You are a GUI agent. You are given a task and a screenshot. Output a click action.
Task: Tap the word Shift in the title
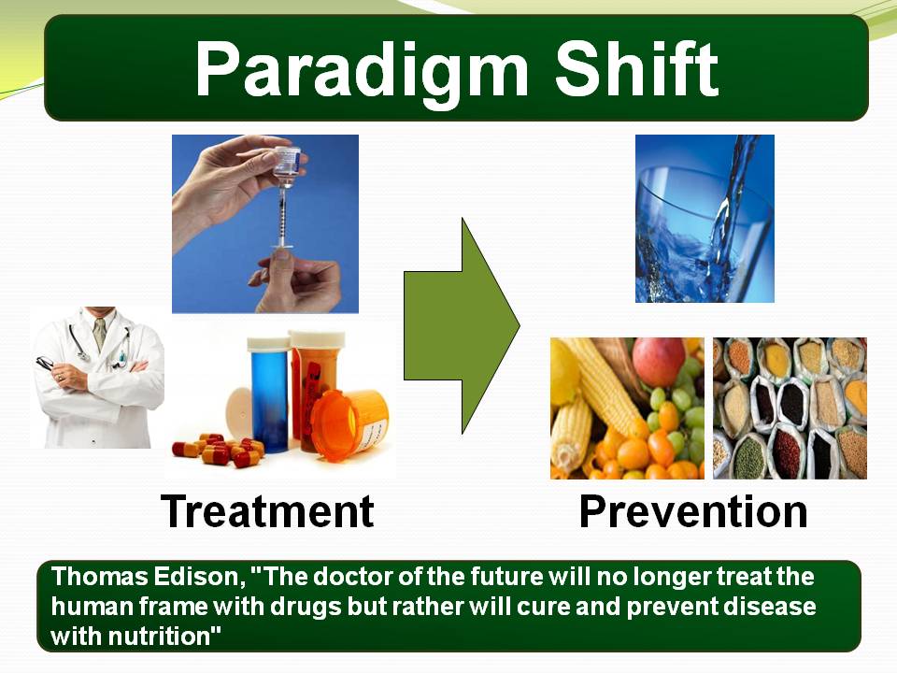[636, 67]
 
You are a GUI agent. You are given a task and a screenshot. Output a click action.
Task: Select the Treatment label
[267, 511]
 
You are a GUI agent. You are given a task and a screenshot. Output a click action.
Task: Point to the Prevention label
[693, 511]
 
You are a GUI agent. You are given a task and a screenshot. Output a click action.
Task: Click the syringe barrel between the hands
[281, 215]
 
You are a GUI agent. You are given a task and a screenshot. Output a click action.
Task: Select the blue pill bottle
[269, 394]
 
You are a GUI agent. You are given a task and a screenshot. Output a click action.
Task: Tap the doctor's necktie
[100, 333]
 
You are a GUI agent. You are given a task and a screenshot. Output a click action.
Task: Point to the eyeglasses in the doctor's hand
[46, 363]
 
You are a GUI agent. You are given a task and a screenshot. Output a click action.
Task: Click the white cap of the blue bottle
[269, 343]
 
